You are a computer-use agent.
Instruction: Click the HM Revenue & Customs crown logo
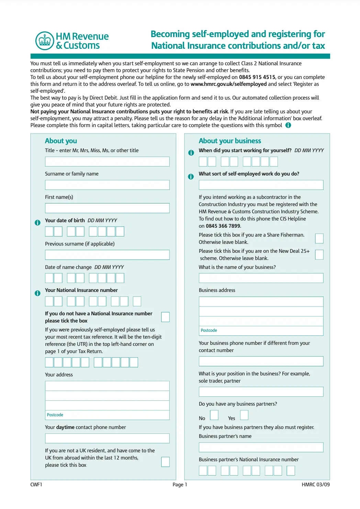tap(45, 41)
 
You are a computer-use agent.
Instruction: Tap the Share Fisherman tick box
tap(319, 238)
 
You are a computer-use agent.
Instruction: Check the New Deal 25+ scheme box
tap(319, 255)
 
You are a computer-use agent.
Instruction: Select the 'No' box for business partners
tap(214, 415)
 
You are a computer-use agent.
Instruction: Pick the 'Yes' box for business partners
tap(244, 415)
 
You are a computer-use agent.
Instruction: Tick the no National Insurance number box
tap(165, 317)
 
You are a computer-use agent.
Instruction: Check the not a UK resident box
tap(165, 462)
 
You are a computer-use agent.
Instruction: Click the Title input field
tap(107, 161)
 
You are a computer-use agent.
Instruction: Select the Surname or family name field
tap(107, 185)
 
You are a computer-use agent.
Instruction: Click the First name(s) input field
tap(107, 208)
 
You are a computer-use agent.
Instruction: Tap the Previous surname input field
tap(107, 255)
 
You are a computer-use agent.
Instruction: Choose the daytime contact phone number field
tap(107, 438)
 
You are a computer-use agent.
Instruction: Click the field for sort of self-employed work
tap(261, 185)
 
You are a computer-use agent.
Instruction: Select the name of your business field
tap(261, 278)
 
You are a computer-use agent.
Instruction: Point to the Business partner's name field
tap(261, 447)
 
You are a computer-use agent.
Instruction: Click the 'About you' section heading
tap(61, 141)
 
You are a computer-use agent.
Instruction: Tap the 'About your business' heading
tap(230, 141)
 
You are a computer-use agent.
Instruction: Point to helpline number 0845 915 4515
tap(257, 77)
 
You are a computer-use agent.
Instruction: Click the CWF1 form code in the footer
tap(36, 485)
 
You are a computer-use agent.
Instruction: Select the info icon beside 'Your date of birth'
tap(38, 223)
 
